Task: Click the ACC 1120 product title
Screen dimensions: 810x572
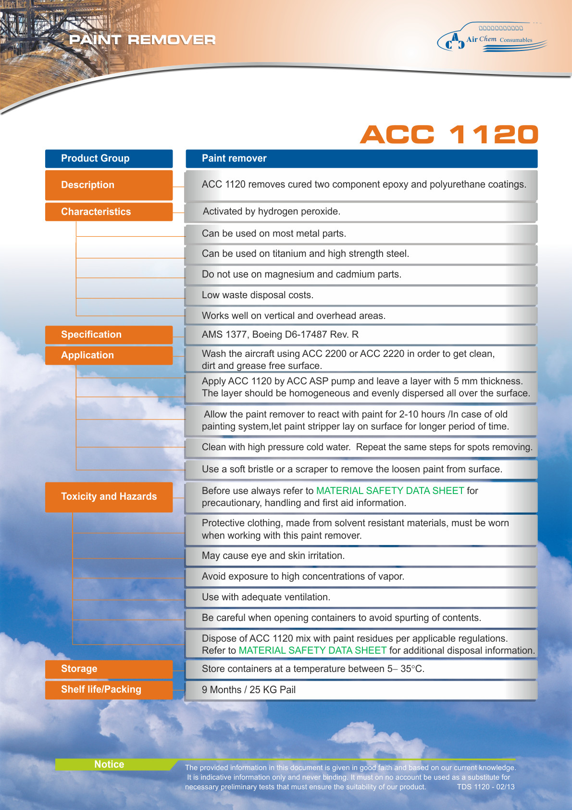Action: tap(449, 135)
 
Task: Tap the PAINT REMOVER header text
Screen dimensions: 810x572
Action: tap(142, 40)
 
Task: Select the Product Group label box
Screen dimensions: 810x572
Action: tap(109, 159)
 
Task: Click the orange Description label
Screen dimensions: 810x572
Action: tap(109, 185)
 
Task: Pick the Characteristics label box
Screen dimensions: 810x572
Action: tap(109, 212)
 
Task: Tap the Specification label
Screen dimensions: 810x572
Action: tap(109, 335)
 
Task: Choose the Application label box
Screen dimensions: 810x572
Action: tap(109, 355)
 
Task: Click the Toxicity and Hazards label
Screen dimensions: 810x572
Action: tap(109, 497)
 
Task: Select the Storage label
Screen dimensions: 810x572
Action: tap(109, 669)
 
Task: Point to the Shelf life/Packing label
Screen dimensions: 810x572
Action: tap(109, 690)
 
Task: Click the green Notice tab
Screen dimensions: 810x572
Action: tap(110, 764)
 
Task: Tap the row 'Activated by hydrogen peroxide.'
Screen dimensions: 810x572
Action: tap(361, 212)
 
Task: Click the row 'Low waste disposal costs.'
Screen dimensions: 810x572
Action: tap(361, 295)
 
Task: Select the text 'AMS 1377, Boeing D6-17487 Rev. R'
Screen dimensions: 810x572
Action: tap(280, 335)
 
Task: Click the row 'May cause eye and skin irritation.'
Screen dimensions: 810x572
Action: tap(361, 556)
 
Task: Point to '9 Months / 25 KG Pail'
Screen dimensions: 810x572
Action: tap(249, 690)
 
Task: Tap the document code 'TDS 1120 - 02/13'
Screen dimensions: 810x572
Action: tap(485, 787)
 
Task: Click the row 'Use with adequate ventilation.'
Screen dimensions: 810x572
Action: tap(361, 597)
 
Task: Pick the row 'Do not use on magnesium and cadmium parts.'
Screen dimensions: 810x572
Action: tap(361, 275)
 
